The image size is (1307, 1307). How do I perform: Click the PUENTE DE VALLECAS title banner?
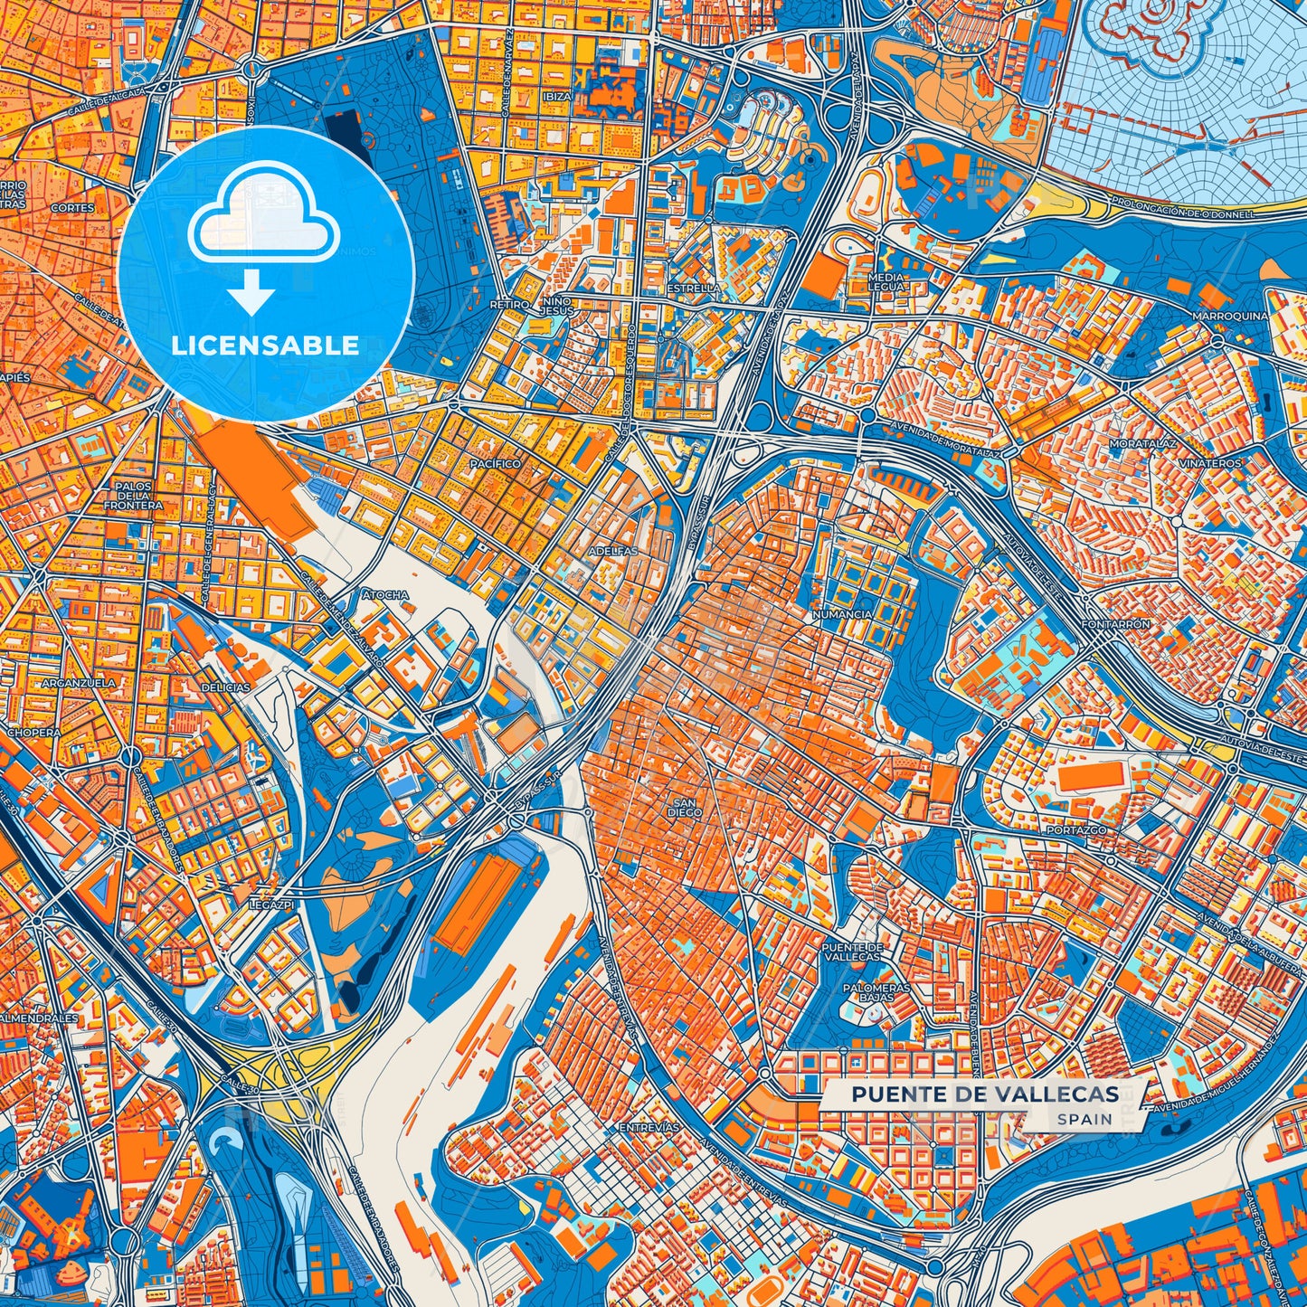(984, 1094)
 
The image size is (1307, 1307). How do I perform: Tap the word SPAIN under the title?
(1084, 1119)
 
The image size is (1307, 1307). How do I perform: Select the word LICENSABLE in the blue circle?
(265, 346)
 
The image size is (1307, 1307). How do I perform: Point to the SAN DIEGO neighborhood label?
(685, 808)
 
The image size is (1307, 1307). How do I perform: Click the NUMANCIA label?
(842, 614)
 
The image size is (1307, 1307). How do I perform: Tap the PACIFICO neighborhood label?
(495, 463)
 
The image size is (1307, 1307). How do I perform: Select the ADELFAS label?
(612, 551)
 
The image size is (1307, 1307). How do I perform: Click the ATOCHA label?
(385, 595)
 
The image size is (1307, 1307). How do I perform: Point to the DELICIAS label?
(225, 687)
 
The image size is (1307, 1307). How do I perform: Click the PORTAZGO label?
(1076, 829)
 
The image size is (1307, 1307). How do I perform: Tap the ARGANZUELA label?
(79, 683)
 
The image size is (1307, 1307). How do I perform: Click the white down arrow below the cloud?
(251, 295)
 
